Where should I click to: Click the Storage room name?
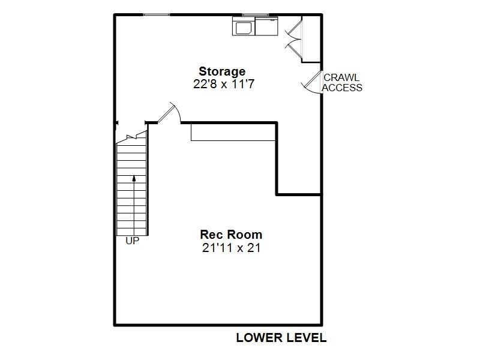[x=222, y=72]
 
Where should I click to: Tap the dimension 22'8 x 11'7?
[x=224, y=85]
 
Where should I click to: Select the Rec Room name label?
[x=231, y=235]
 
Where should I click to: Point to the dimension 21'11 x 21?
[x=231, y=247]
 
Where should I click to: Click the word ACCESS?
[x=342, y=88]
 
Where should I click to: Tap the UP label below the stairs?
[x=132, y=241]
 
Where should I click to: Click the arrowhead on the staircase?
[x=134, y=178]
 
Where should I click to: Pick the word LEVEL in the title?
[x=307, y=338]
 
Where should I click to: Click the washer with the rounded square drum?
[x=244, y=27]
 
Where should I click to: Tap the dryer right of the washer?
[x=266, y=27]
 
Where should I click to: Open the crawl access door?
[x=311, y=81]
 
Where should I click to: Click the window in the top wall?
[x=156, y=14]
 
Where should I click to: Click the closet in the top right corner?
[x=311, y=38]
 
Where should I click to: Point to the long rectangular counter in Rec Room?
[x=233, y=132]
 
